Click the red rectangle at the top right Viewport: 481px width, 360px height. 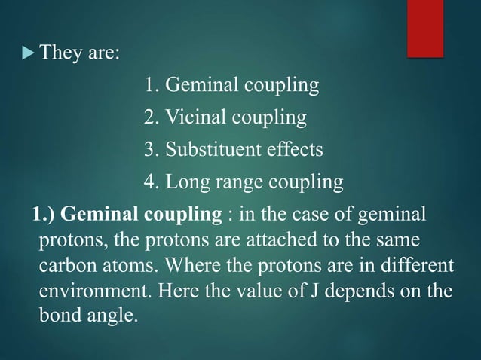click(434, 27)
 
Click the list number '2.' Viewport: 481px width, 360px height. click(151, 118)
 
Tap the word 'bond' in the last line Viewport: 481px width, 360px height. click(60, 316)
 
